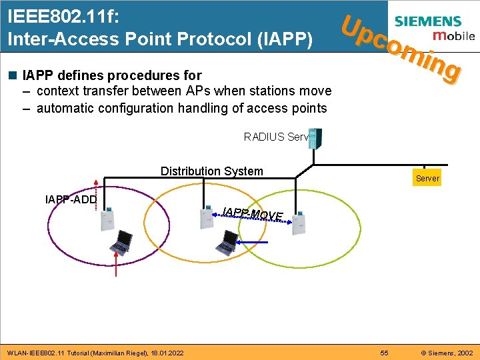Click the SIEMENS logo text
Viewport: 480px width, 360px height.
[437, 21]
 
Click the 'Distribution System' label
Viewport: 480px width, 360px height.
[211, 171]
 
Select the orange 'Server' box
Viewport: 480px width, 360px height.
[427, 178]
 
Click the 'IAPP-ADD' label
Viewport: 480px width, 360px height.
[71, 199]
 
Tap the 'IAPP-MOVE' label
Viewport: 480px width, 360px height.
[253, 214]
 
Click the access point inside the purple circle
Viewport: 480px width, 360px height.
[107, 219]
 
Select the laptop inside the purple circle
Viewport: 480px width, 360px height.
[123, 243]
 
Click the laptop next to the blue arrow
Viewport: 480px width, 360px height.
[228, 243]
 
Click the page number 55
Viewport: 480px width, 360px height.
[384, 352]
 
